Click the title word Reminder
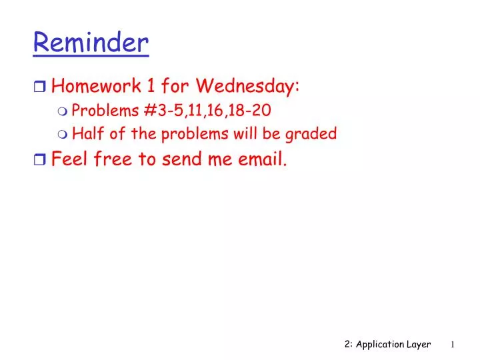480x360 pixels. (x=91, y=43)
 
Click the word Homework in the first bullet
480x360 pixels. (x=93, y=86)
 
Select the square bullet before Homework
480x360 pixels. (x=39, y=87)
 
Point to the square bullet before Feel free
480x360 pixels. (x=39, y=160)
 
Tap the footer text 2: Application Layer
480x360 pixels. (x=387, y=344)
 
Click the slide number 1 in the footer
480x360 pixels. (x=453, y=345)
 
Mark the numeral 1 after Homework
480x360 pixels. (x=150, y=86)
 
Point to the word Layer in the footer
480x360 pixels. (x=418, y=344)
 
